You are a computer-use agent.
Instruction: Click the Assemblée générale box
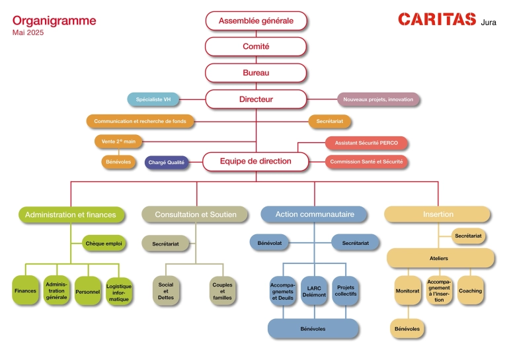256,21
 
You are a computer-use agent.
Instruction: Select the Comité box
256,46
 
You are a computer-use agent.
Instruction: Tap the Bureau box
256,72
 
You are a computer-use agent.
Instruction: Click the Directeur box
256,99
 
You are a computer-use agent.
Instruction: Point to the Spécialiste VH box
153,99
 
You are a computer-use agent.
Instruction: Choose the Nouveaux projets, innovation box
378,99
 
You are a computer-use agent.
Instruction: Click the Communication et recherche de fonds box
140,121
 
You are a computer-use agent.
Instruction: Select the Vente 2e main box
119,141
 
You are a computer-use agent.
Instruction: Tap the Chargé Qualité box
167,161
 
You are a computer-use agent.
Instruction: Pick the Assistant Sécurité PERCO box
366,143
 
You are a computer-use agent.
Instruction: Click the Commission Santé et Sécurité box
366,161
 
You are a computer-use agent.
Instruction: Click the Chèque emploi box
104,244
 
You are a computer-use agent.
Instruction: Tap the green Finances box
25,291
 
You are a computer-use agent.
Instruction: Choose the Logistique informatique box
119,291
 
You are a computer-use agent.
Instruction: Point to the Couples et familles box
222,291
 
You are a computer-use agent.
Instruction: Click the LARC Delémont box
314,291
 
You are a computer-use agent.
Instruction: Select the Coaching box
470,291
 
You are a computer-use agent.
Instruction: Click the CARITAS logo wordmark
436,20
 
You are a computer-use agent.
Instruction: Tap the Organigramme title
54,21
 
